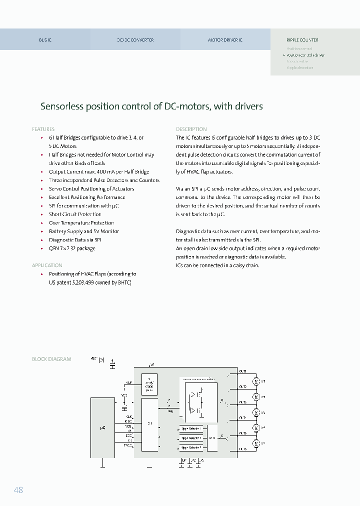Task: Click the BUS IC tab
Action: [x=45, y=40]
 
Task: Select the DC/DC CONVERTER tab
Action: [x=135, y=40]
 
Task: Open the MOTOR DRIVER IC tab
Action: [x=225, y=40]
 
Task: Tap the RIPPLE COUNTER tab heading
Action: [x=302, y=40]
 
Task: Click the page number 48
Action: [x=18, y=490]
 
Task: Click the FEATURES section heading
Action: [x=43, y=129]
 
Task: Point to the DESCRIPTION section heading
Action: [x=191, y=129]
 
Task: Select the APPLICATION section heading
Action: [x=47, y=265]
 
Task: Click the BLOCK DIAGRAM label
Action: [x=51, y=359]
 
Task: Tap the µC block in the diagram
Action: [x=102, y=428]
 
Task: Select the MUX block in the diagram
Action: [x=212, y=437]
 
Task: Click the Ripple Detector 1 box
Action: [x=191, y=428]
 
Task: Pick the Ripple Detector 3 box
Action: [x=191, y=447]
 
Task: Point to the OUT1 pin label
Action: [x=242, y=371]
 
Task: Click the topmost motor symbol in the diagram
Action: [x=256, y=381]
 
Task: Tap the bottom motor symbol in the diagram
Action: [x=256, y=443]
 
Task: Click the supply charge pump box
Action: [x=149, y=384]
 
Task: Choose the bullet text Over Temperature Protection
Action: [x=81, y=223]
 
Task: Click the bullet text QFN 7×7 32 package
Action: [x=72, y=248]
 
